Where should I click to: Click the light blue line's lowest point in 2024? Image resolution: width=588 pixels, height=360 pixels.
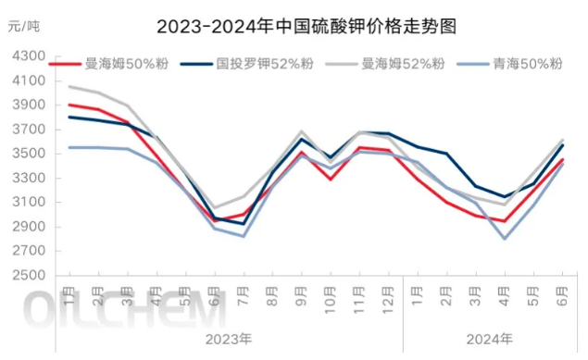pyautogui.click(x=506, y=239)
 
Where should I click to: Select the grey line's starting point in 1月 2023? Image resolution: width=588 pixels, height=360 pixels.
pyautogui.click(x=70, y=86)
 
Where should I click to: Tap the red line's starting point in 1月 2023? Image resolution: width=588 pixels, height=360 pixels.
pyautogui.click(x=70, y=105)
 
